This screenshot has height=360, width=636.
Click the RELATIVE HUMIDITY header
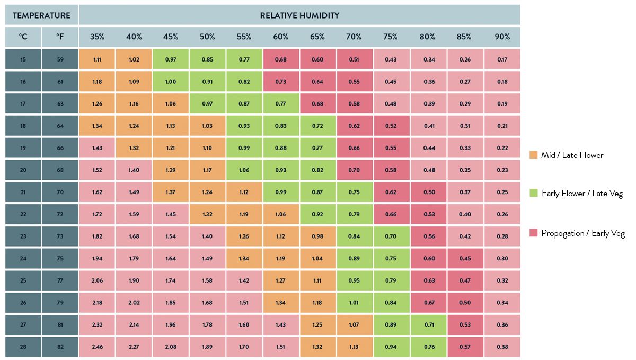click(x=299, y=15)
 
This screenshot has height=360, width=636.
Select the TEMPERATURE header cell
click(x=41, y=15)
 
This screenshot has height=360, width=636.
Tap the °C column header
click(x=23, y=37)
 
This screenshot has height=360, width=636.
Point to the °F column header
click(x=60, y=37)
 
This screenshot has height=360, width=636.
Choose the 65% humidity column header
click(x=317, y=37)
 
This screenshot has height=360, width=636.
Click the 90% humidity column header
click(x=502, y=37)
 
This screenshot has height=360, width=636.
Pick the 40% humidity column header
click(x=134, y=37)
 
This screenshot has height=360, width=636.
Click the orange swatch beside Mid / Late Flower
click(x=534, y=155)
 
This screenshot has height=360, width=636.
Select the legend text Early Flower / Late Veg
click(x=581, y=194)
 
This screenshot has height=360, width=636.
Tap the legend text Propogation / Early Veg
click(x=582, y=233)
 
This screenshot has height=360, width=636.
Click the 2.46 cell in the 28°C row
click(x=97, y=347)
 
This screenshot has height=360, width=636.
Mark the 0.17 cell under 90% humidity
click(x=502, y=59)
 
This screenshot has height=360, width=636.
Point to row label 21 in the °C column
click(x=23, y=192)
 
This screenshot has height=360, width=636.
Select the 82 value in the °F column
click(x=60, y=347)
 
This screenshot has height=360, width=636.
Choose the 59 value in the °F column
click(x=60, y=59)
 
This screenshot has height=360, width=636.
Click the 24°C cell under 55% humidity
click(x=244, y=259)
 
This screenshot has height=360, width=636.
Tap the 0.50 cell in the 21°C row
click(x=428, y=192)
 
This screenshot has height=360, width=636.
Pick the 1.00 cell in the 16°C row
click(x=171, y=82)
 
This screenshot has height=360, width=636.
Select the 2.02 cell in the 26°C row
click(x=134, y=303)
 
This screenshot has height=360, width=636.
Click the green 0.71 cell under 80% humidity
click(x=428, y=325)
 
